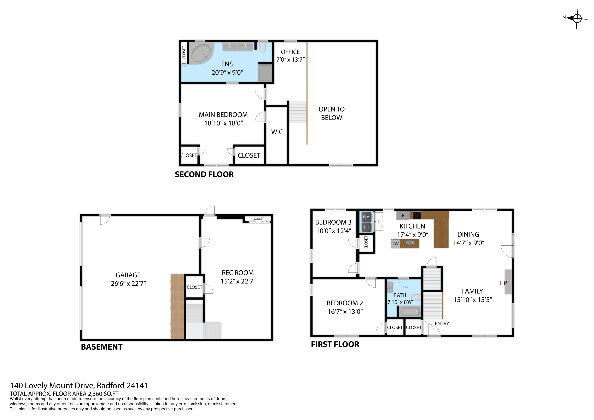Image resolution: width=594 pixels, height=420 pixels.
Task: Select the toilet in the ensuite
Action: tap(263, 47)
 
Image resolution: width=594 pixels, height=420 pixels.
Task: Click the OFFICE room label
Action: tap(290, 52)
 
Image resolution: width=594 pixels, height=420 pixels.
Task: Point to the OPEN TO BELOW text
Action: tap(331, 113)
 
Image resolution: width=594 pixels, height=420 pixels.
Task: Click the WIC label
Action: tap(277, 132)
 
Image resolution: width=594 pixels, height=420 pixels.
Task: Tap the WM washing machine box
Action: tap(366, 217)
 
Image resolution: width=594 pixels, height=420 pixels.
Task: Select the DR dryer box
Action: tap(366, 227)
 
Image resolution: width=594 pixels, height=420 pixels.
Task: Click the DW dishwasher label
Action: tap(395, 243)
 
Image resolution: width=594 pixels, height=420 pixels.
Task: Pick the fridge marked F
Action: tap(403, 215)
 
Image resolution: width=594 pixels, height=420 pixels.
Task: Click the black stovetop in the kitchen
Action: tap(416, 215)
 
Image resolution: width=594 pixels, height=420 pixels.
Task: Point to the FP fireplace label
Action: tap(503, 283)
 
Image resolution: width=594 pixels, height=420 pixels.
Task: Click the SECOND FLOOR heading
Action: tap(204, 174)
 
